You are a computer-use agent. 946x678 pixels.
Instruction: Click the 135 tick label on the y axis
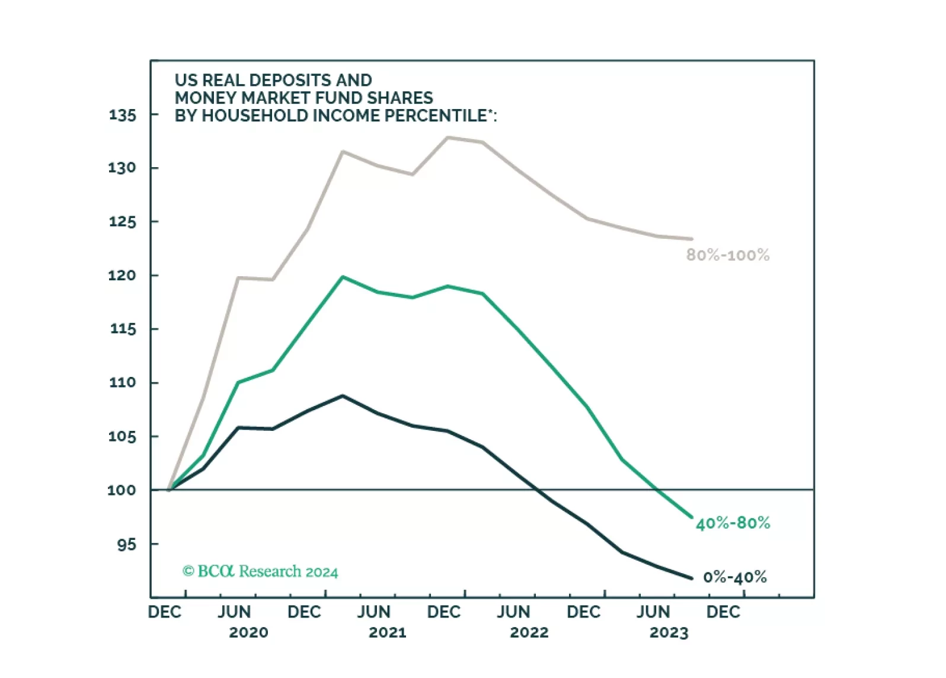[123, 115]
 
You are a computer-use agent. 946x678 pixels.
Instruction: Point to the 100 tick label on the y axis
[122, 491]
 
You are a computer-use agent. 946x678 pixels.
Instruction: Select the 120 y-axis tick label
[122, 276]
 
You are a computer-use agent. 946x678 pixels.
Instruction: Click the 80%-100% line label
[728, 255]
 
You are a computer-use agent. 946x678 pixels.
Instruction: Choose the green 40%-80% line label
[733, 523]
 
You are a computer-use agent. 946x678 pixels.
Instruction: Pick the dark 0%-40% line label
[735, 577]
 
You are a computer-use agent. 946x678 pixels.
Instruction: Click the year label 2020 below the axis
[248, 633]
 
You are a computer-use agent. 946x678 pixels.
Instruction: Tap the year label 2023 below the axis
[669, 633]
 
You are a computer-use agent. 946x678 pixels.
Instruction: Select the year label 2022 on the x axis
[529, 633]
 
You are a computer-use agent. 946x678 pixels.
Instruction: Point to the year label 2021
[388, 633]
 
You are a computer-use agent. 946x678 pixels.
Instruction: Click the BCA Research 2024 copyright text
[260, 572]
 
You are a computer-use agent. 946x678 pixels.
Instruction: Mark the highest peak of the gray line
[448, 137]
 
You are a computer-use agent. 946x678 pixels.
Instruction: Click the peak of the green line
[343, 277]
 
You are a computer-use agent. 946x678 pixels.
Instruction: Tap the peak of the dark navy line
[343, 395]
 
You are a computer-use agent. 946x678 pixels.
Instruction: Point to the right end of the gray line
[691, 239]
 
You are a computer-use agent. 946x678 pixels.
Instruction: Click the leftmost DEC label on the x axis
[165, 612]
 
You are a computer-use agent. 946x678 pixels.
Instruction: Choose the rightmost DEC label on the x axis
[723, 612]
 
